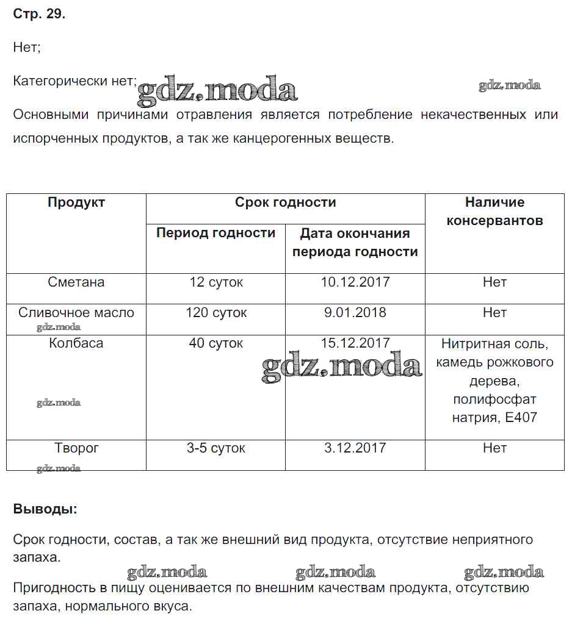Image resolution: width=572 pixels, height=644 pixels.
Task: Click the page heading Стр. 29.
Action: tap(39, 15)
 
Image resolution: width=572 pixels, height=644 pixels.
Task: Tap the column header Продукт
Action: tap(76, 202)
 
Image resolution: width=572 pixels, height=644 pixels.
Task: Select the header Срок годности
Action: tap(285, 202)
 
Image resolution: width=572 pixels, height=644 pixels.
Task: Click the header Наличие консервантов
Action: tap(494, 212)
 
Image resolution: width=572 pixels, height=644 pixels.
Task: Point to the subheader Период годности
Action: tap(215, 233)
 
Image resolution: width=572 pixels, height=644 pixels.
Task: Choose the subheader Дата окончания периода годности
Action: tap(355, 242)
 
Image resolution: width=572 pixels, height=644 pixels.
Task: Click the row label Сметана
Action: tap(76, 282)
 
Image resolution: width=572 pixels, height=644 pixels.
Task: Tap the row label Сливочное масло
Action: tap(76, 313)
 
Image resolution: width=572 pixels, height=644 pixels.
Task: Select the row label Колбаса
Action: tap(76, 343)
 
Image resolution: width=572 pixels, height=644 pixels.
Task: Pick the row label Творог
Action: tap(76, 448)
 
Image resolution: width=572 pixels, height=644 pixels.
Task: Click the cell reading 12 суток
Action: tap(215, 282)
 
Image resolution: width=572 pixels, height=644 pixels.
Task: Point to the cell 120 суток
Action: tap(216, 313)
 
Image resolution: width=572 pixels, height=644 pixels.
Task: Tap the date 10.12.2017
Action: tap(355, 282)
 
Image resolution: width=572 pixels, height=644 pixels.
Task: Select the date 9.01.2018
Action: tap(355, 313)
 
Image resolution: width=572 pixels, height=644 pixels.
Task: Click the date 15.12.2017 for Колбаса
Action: tap(355, 343)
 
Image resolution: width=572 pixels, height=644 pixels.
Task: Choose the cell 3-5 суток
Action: tap(215, 448)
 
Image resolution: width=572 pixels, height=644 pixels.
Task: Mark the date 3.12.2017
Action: tap(355, 448)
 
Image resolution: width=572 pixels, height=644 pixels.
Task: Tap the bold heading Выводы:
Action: tap(45, 509)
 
